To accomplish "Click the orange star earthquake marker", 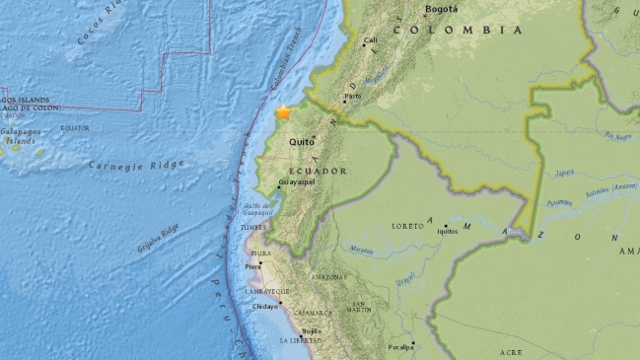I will point(284,113).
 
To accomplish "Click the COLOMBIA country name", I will point(458,31).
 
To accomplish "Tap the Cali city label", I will point(372,41).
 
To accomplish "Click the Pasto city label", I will point(352,95).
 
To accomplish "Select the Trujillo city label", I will point(312,331).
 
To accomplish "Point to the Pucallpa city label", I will point(399,347).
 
